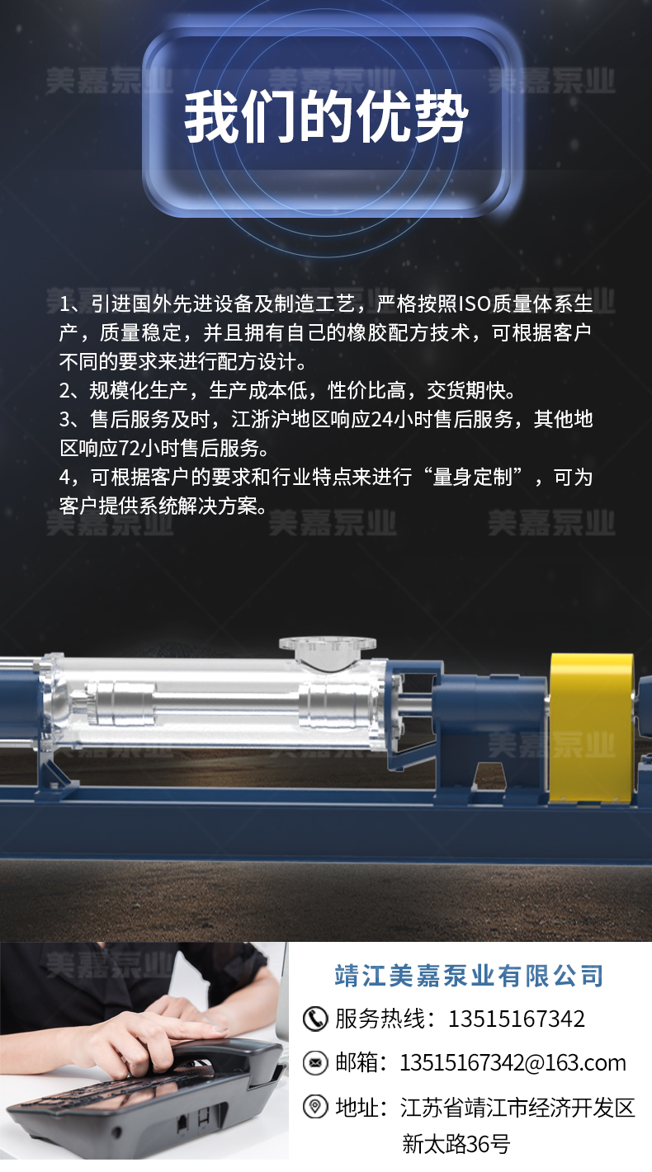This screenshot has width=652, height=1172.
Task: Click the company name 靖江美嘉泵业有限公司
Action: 469,976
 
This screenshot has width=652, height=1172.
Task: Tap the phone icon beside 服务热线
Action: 315,1019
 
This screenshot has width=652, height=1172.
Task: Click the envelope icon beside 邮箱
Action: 315,1062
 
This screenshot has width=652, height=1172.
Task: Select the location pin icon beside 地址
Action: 315,1106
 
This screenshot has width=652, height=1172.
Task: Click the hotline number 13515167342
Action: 516,1019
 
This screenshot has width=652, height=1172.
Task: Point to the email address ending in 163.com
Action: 513,1062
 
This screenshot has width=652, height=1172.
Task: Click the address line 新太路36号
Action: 456,1144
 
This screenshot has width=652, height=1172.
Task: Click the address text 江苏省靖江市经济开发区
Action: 517,1107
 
